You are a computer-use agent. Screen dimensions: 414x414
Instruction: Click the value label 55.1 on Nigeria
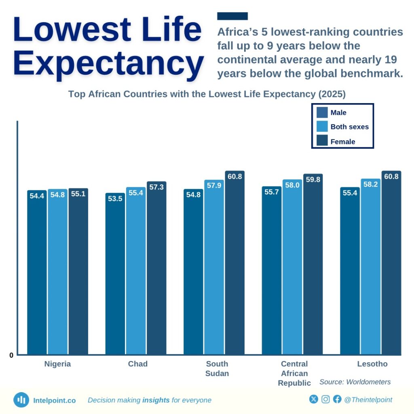[x=78, y=194]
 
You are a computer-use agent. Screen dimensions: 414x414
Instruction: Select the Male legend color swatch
[x=322, y=112]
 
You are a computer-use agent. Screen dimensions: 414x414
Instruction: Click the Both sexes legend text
[x=349, y=127]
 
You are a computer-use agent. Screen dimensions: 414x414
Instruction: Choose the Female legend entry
[x=343, y=142]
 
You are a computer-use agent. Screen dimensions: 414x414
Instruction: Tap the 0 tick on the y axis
[x=12, y=355]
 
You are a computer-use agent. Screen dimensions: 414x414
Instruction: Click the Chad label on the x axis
[x=138, y=364]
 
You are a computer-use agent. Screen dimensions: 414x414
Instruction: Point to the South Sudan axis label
[x=217, y=368]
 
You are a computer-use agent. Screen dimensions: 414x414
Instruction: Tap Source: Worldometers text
[x=355, y=382]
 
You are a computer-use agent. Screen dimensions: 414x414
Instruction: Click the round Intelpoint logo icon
[x=21, y=400]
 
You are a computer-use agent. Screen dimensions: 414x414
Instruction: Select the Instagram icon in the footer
[x=325, y=399]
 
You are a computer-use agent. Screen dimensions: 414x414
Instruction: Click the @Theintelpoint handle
[x=368, y=399]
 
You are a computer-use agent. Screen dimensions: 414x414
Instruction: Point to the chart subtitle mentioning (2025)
[x=207, y=94]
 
